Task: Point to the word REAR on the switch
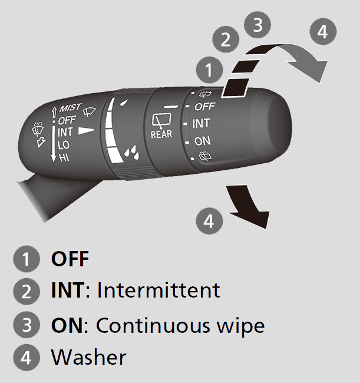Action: click(161, 134)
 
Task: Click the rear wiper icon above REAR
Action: click(160, 120)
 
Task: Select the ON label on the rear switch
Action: click(202, 141)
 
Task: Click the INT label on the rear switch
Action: click(201, 124)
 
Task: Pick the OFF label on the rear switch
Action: click(204, 107)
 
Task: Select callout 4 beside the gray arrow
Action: click(322, 32)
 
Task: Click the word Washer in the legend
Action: click(88, 357)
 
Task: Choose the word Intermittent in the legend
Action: click(158, 290)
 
